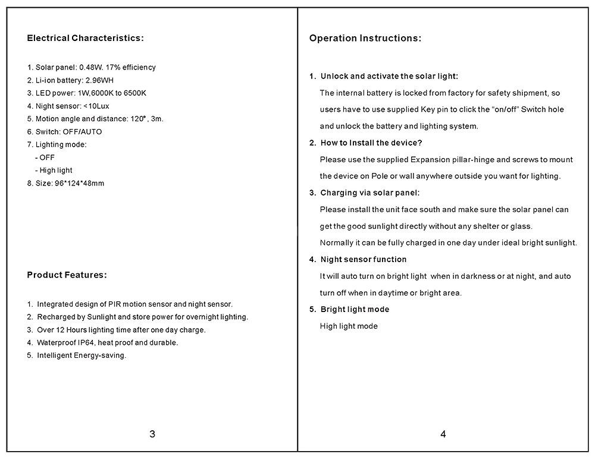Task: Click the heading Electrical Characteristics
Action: pyautogui.click(x=85, y=39)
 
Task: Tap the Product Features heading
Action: pyautogui.click(x=67, y=275)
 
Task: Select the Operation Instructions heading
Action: pyautogui.click(x=365, y=39)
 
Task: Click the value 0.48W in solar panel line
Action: pyautogui.click(x=90, y=68)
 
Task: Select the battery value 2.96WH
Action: pyautogui.click(x=99, y=81)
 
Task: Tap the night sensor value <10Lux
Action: pyautogui.click(x=96, y=106)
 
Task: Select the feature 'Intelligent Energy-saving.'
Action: pyautogui.click(x=82, y=356)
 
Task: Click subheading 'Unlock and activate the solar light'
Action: pyautogui.click(x=389, y=77)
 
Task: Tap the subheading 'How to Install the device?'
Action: pyautogui.click(x=371, y=143)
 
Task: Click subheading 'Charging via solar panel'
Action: pyautogui.click(x=369, y=193)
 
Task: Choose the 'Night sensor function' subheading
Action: pyautogui.click(x=363, y=260)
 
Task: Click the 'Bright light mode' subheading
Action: pyautogui.click(x=355, y=310)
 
